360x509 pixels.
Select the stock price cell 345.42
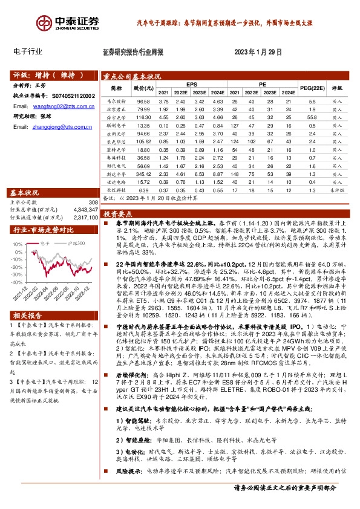click(x=142, y=173)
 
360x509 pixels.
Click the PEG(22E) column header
click(x=312, y=88)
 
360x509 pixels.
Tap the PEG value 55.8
click(x=312, y=115)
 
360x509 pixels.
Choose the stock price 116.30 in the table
click(x=142, y=115)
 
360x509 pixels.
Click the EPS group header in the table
click(x=192, y=83)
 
